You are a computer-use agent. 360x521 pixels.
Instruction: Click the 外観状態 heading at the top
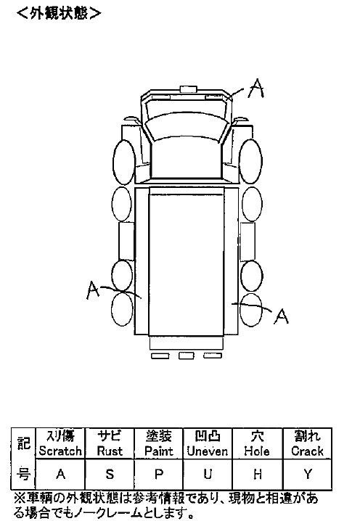tap(59, 13)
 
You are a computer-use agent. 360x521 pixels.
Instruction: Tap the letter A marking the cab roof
tap(256, 89)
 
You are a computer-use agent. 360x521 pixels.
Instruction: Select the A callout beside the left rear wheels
tap(93, 290)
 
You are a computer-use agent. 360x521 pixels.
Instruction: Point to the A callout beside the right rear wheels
tap(281, 316)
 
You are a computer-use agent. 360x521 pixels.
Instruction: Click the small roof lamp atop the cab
tap(189, 89)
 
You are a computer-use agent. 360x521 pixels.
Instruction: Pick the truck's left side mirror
tap(131, 119)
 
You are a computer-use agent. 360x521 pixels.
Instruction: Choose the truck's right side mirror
tap(241, 119)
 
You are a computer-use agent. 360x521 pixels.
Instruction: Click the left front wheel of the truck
tap(124, 162)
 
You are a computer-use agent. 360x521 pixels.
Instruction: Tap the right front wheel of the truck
tap(250, 161)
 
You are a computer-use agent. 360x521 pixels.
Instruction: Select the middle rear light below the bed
tap(186, 356)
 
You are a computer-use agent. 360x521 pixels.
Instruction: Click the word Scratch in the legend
tap(60, 451)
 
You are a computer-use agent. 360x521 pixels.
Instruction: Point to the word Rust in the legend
tap(110, 451)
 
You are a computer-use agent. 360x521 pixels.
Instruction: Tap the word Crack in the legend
tap(307, 451)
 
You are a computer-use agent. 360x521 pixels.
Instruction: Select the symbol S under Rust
tap(110, 474)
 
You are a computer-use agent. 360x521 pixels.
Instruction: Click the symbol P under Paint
tap(159, 474)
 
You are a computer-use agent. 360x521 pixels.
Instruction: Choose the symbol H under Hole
tap(257, 474)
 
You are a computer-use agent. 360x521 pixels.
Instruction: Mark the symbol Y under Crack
tap(308, 474)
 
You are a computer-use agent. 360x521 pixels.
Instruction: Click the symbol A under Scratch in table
tap(60, 474)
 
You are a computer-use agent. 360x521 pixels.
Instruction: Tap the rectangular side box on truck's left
tap(126, 241)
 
